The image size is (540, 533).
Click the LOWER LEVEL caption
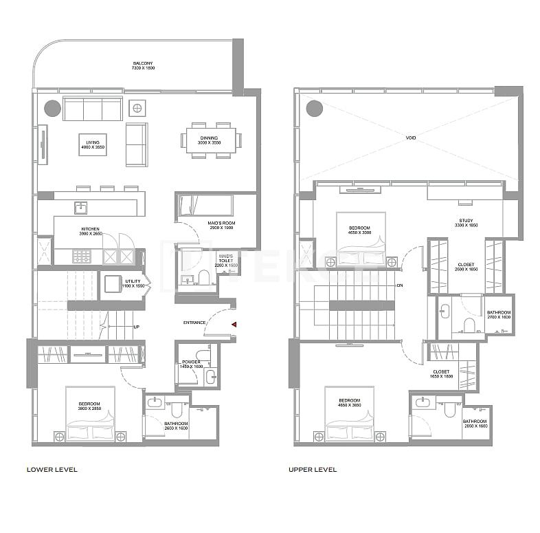[52, 470]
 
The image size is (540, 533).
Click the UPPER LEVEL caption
[312, 470]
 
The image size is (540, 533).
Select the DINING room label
[209, 140]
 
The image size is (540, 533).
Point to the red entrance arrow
[234, 323]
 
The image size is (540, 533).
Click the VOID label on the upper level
[410, 138]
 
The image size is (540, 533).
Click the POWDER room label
[190, 363]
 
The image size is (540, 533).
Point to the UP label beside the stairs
[137, 327]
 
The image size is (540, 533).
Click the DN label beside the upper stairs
[399, 285]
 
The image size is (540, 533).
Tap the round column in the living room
[52, 108]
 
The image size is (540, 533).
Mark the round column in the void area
[314, 108]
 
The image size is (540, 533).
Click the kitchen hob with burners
[81, 256]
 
